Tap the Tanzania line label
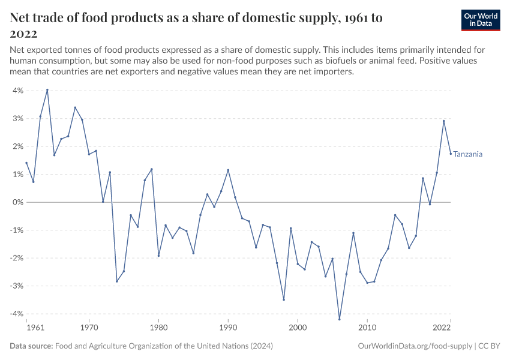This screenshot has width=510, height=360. (467, 154)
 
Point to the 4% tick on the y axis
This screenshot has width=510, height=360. (16, 91)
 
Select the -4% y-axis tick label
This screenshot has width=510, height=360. (15, 314)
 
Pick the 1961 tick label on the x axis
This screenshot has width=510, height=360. (36, 328)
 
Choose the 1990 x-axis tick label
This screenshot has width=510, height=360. (228, 328)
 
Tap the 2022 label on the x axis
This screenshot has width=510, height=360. (442, 328)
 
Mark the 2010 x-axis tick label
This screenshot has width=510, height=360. (367, 328)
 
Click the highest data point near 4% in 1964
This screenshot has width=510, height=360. (47, 90)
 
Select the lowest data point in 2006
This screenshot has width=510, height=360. (340, 319)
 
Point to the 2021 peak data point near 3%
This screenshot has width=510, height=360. (444, 121)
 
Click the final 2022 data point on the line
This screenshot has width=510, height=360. (451, 154)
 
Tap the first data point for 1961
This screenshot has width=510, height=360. (26, 163)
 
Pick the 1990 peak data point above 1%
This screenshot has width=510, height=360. (228, 170)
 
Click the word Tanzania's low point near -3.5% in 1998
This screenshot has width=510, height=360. (284, 299)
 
